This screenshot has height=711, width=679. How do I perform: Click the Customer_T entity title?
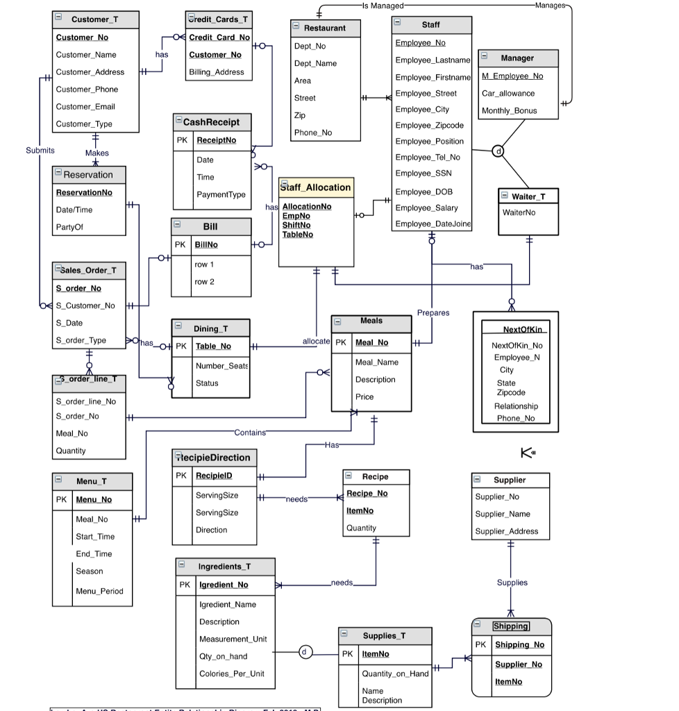pyautogui.click(x=94, y=19)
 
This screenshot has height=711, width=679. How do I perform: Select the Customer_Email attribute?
pyautogui.click(x=85, y=107)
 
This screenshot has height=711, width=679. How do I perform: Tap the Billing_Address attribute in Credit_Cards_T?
pyautogui.click(x=217, y=72)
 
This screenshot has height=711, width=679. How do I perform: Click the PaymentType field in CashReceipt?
pyautogui.click(x=221, y=195)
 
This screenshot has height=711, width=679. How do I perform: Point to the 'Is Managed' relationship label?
pyautogui.click(x=383, y=6)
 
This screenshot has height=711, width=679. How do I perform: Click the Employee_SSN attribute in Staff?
pyautogui.click(x=424, y=174)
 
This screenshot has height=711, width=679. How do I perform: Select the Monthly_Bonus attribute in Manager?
pyautogui.click(x=509, y=111)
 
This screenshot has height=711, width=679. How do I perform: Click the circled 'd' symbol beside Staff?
pyautogui.click(x=498, y=151)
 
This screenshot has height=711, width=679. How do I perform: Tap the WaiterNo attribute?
pyautogui.click(x=519, y=212)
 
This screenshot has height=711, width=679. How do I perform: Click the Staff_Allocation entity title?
pyautogui.click(x=316, y=187)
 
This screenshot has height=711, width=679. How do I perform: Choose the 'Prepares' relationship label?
pyautogui.click(x=433, y=313)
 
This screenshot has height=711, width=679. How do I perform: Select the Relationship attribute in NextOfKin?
pyautogui.click(x=516, y=406)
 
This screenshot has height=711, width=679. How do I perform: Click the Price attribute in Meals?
pyautogui.click(x=364, y=397)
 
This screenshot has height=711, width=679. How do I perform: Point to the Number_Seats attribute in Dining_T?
pyautogui.click(x=221, y=366)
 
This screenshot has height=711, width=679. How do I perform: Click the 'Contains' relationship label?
pyautogui.click(x=250, y=433)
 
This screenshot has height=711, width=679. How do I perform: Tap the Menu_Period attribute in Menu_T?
pyautogui.click(x=99, y=592)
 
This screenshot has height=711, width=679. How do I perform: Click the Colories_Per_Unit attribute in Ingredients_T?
pyautogui.click(x=232, y=674)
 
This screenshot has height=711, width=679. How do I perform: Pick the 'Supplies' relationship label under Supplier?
pyautogui.click(x=512, y=583)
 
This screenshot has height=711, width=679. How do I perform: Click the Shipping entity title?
pyautogui.click(x=511, y=626)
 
